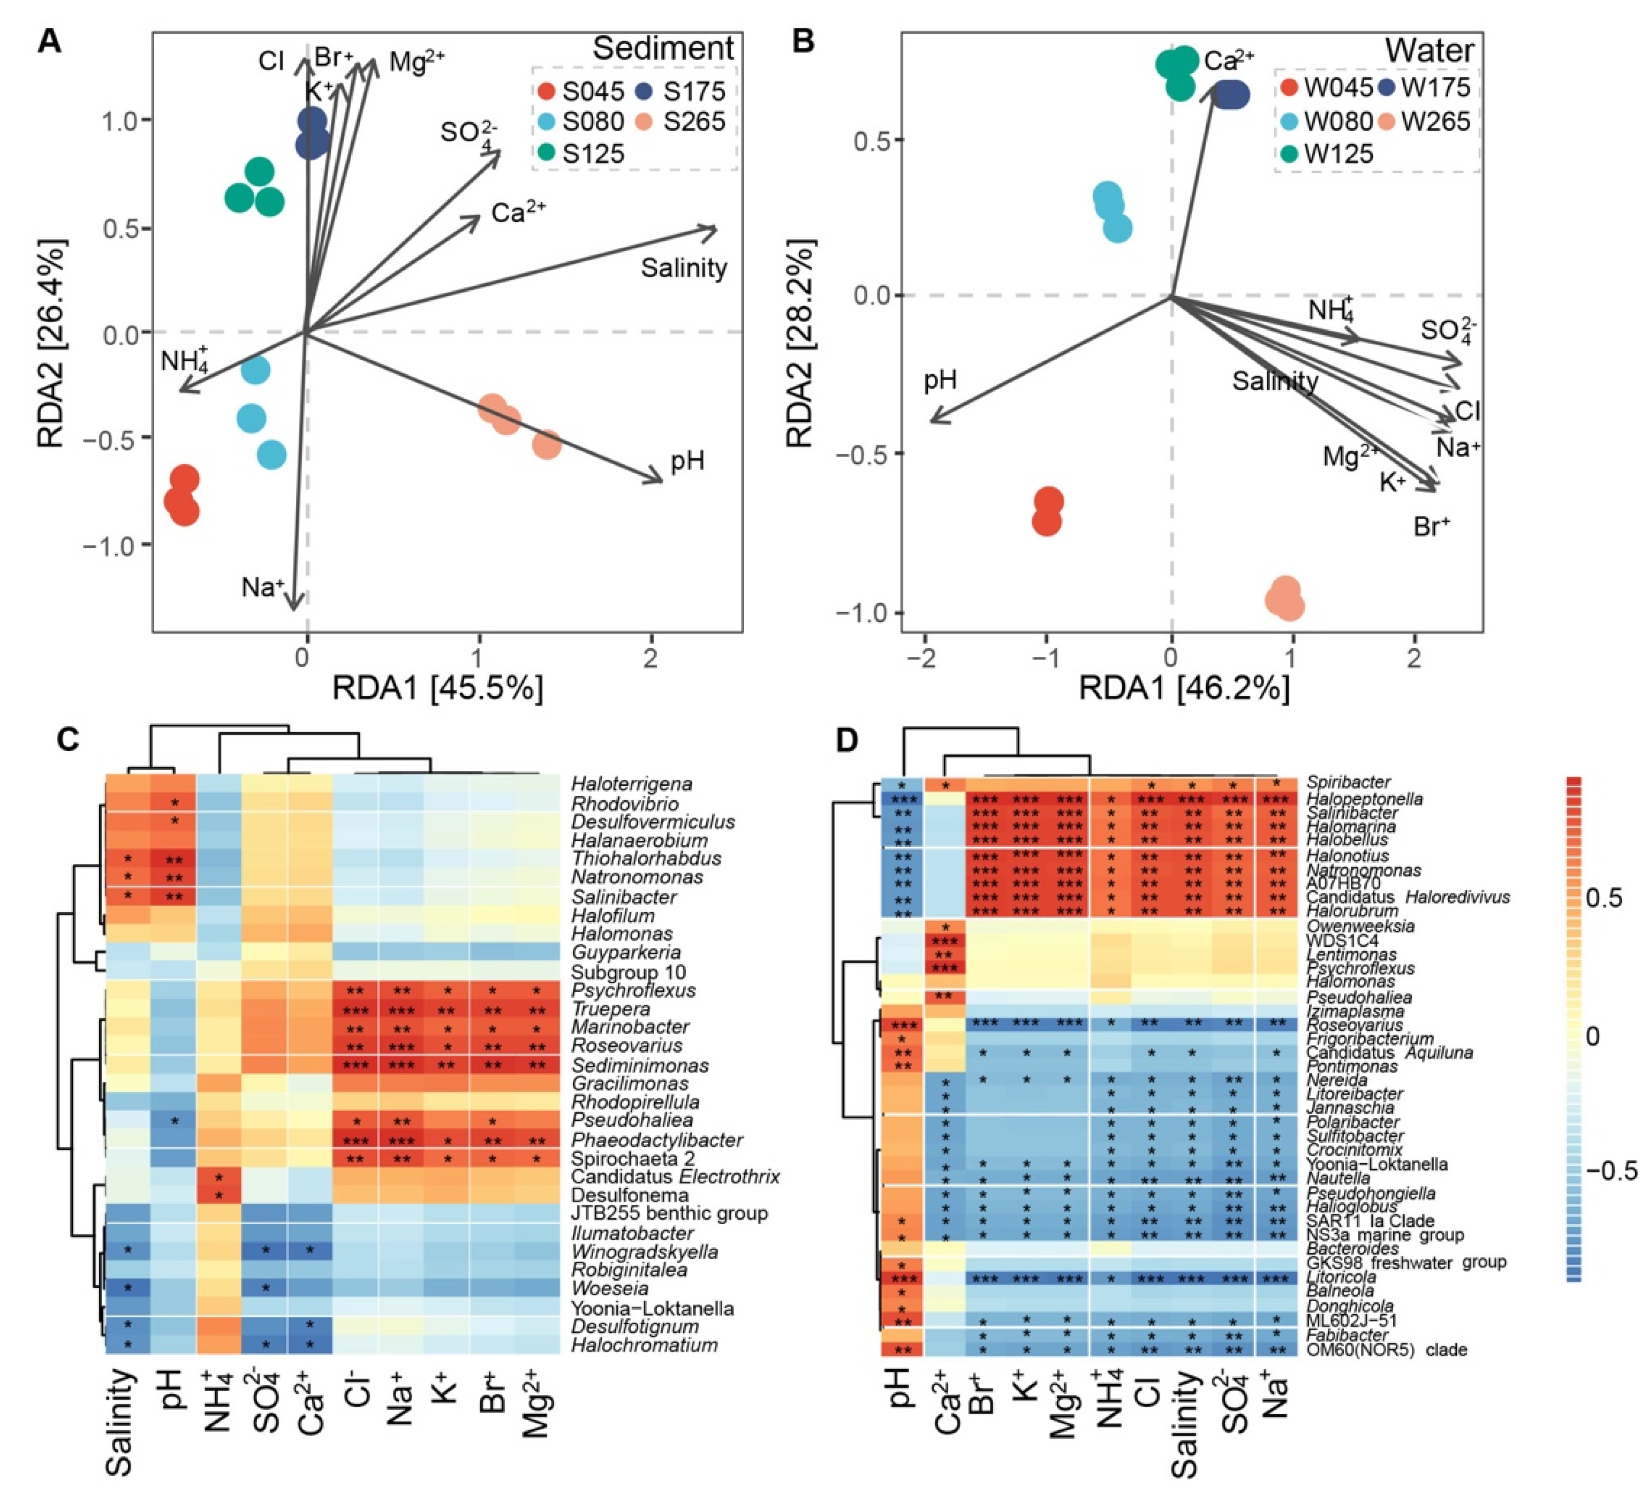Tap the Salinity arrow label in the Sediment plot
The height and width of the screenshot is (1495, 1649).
[684, 268]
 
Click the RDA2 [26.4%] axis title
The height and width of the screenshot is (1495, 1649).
[51, 344]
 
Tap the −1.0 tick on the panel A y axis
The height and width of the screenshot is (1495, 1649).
[113, 545]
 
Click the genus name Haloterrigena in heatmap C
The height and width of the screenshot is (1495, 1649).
[631, 784]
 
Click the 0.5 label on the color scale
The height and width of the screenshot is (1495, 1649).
[1606, 898]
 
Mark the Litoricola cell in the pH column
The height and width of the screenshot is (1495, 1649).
[902, 1277]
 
